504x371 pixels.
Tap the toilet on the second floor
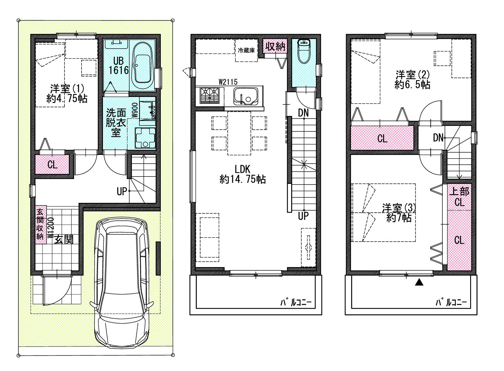pos(304,51)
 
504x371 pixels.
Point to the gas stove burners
pos(209,96)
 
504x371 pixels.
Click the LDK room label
pos(242,174)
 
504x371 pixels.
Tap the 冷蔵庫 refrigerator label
pos(246,50)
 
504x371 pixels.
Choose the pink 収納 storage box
pos(275,46)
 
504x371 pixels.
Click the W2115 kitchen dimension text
pos(228,82)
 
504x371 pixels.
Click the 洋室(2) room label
pos(412,80)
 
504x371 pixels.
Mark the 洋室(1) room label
pos(67,93)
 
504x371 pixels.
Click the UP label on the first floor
pos(122,191)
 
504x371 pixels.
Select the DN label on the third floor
pos(438,138)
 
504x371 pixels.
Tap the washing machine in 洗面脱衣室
pos(145,138)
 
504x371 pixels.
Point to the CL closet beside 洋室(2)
pos(382,138)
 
